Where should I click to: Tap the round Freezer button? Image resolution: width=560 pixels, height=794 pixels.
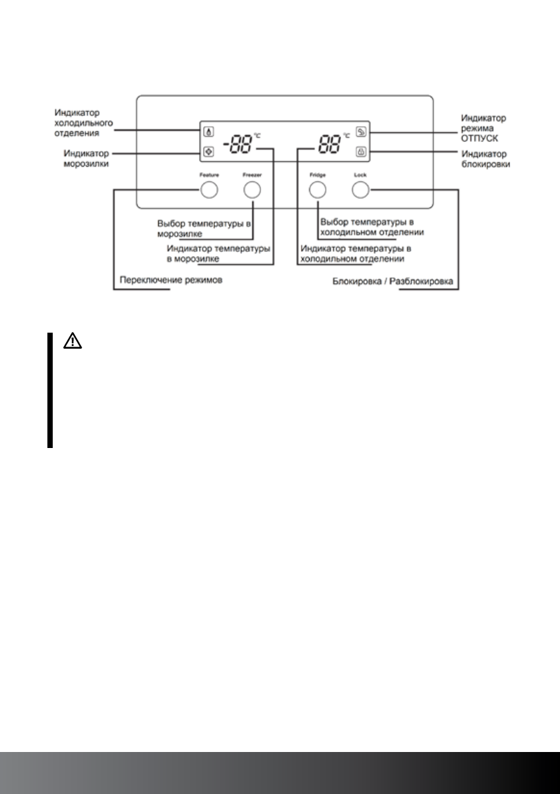pyautogui.click(x=251, y=191)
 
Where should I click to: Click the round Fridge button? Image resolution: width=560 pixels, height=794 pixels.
pyautogui.click(x=318, y=191)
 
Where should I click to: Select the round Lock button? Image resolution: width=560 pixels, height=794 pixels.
pyautogui.click(x=360, y=191)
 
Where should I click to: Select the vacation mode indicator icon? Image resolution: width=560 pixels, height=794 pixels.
pyautogui.click(x=360, y=132)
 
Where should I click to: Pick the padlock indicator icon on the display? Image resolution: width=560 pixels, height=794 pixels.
pyautogui.click(x=360, y=152)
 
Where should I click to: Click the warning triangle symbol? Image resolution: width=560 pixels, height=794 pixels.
pyautogui.click(x=72, y=341)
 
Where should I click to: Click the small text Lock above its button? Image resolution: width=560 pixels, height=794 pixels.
pyautogui.click(x=360, y=175)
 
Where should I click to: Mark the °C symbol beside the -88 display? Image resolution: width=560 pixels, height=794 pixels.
pyautogui.click(x=257, y=136)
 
